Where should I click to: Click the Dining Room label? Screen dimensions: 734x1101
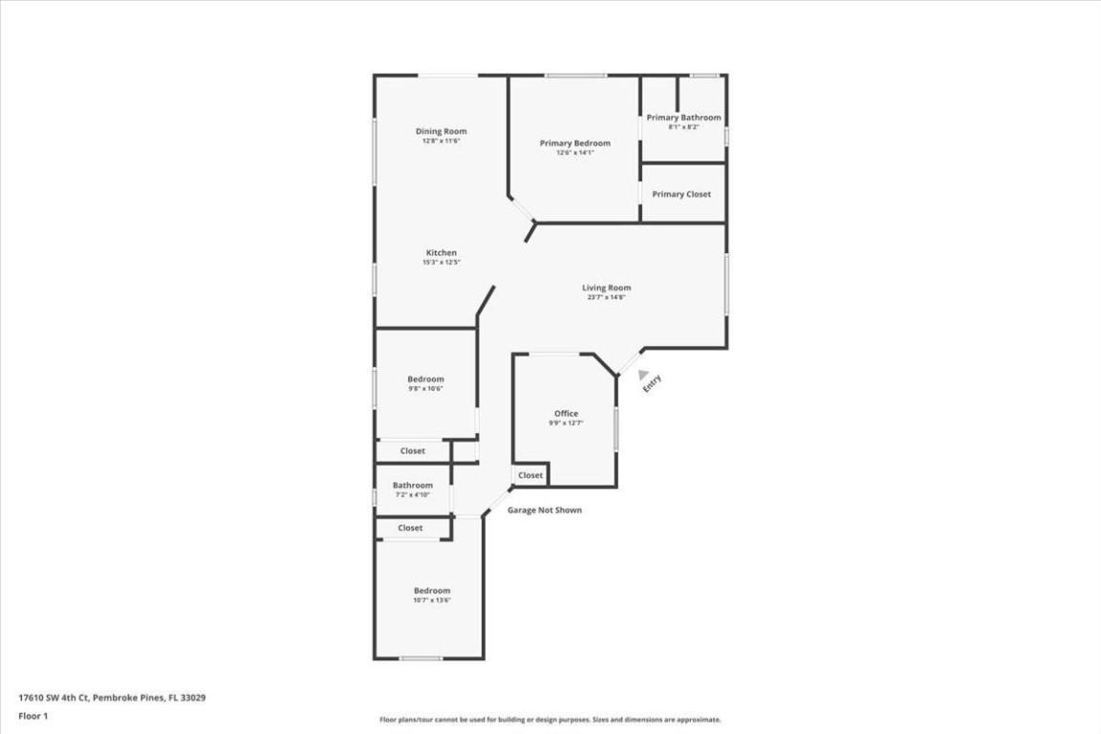tap(441, 131)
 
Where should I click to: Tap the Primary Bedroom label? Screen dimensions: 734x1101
tap(574, 143)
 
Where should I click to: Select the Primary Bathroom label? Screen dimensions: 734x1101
tap(683, 118)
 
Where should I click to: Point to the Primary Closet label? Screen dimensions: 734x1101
tap(681, 194)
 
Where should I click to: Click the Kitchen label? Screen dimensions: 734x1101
tap(441, 252)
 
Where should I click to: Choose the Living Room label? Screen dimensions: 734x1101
tap(606, 288)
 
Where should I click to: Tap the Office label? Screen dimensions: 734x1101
tap(566, 414)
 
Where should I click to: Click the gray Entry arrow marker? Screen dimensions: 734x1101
tap(643, 376)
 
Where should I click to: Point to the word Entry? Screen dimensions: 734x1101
tap(652, 383)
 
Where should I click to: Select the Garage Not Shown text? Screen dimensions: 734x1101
tap(544, 510)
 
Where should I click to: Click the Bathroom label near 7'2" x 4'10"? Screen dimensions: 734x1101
tap(412, 486)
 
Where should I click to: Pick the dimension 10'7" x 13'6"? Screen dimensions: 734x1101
tap(431, 600)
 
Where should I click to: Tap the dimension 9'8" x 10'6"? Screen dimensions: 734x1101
tap(425, 389)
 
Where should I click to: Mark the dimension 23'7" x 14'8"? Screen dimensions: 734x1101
tap(606, 297)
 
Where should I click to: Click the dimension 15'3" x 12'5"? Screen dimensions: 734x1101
tap(441, 262)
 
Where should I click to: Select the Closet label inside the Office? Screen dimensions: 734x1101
tap(530, 475)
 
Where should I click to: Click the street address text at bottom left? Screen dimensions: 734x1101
tap(112, 698)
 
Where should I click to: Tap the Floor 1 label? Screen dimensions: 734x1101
tap(32, 716)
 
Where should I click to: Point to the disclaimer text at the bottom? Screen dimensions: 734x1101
tap(550, 720)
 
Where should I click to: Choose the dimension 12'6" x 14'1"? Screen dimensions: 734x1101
tap(574, 153)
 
